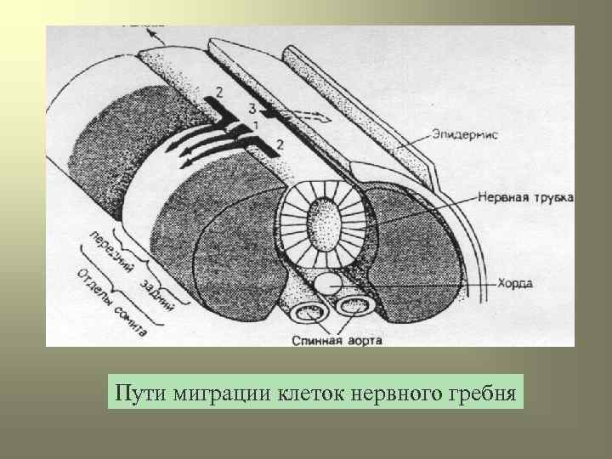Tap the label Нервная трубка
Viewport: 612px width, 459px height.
[524, 197]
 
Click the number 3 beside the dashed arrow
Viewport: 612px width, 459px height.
[252, 107]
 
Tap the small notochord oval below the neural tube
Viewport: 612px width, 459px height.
[327, 282]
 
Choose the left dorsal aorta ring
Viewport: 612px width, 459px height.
[305, 313]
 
